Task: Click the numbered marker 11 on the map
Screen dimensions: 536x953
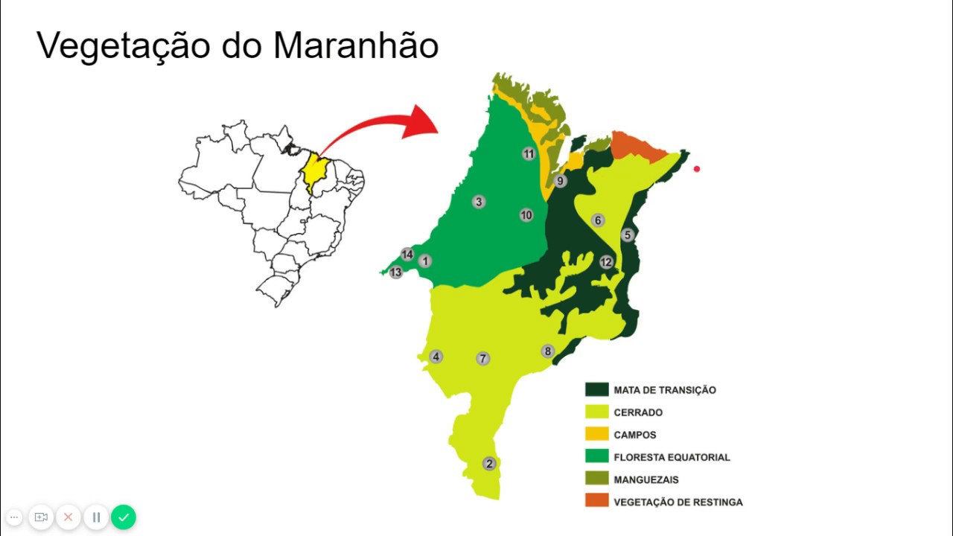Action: click(x=529, y=154)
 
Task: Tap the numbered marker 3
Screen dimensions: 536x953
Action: click(x=479, y=202)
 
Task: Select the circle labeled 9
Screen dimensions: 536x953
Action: click(x=560, y=181)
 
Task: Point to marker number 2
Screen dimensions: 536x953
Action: click(x=489, y=463)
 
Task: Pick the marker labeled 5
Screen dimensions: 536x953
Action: click(x=627, y=235)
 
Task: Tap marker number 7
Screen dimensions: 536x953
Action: click(x=483, y=359)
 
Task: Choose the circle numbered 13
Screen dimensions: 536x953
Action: click(x=395, y=272)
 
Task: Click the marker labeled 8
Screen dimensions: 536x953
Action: click(x=548, y=351)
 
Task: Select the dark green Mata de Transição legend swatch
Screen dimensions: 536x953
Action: click(x=597, y=389)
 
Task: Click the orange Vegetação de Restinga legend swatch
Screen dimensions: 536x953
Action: click(x=597, y=501)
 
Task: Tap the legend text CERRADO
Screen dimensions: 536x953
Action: click(x=638, y=412)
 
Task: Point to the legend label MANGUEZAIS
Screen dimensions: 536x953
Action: click(x=646, y=479)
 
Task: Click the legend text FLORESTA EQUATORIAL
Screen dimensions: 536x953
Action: click(x=672, y=457)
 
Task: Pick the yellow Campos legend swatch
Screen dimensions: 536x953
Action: click(x=597, y=434)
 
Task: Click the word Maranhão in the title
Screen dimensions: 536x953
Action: click(x=356, y=46)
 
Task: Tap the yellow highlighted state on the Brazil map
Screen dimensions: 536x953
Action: click(x=315, y=173)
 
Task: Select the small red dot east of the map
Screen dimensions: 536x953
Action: click(x=697, y=169)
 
